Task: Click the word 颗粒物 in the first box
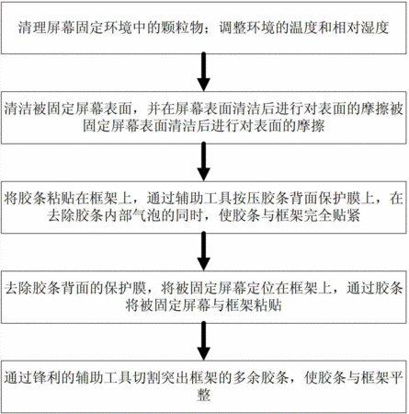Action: coord(181,28)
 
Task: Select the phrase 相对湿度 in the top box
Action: coord(360,28)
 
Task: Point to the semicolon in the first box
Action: coord(208,29)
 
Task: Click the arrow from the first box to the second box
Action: coord(203,73)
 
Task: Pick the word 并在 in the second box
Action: coord(161,109)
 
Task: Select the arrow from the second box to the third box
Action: coord(203,162)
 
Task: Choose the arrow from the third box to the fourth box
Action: coord(203,251)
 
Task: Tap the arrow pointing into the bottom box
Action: coord(203,340)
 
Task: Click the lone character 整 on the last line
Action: coord(204,395)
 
